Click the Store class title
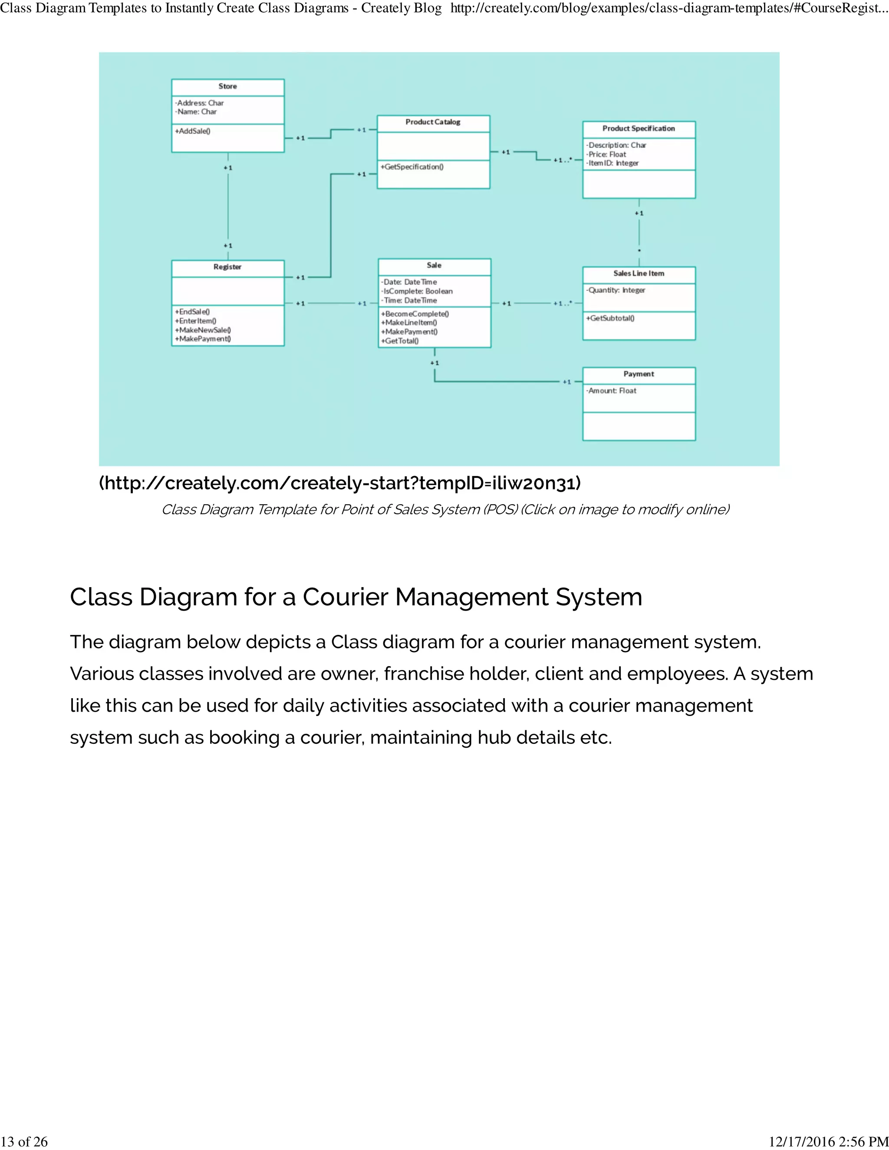(x=227, y=86)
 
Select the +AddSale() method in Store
(x=193, y=131)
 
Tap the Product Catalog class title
(x=433, y=122)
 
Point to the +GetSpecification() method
(x=412, y=167)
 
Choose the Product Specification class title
(x=638, y=128)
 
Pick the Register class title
(x=227, y=267)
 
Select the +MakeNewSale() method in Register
(x=203, y=330)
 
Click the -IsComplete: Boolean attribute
(x=417, y=291)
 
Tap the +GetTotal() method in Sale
(x=400, y=341)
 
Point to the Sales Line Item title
(x=638, y=273)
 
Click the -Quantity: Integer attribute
(x=616, y=290)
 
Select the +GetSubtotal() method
(x=610, y=318)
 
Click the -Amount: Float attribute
(x=612, y=391)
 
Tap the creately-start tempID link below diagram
(x=340, y=483)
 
